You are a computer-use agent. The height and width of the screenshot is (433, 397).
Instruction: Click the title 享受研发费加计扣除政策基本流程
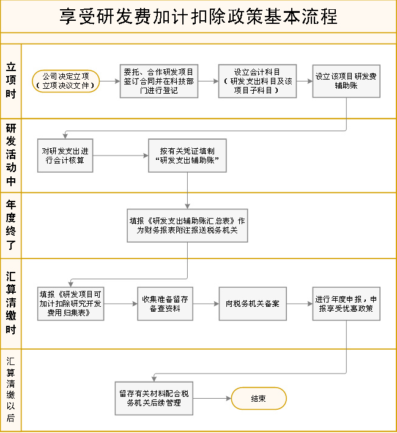click(x=198, y=17)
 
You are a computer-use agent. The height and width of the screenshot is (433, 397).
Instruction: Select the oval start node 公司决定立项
click(x=66, y=81)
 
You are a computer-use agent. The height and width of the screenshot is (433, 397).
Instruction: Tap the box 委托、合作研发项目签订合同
click(x=159, y=81)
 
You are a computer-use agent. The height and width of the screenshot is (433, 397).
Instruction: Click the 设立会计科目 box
click(x=258, y=81)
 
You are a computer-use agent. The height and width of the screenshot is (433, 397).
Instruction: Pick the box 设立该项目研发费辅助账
click(x=346, y=81)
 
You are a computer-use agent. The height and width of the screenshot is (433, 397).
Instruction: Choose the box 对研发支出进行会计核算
click(x=65, y=156)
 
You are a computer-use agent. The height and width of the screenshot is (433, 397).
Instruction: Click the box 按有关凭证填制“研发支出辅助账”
click(x=187, y=156)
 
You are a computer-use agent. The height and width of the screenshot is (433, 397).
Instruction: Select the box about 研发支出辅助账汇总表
click(x=187, y=225)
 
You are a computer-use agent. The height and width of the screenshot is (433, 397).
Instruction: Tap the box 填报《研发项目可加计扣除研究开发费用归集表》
click(x=70, y=304)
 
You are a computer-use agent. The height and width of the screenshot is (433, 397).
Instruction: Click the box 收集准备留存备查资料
click(x=165, y=304)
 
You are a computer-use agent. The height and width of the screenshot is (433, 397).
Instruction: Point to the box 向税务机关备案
click(x=253, y=304)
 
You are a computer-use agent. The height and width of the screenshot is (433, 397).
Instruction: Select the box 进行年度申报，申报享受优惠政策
click(x=346, y=304)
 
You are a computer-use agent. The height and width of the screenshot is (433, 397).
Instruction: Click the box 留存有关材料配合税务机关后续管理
click(x=154, y=399)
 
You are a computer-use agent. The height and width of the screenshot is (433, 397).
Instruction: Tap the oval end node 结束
click(x=259, y=399)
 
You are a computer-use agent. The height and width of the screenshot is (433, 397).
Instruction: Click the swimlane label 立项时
click(x=11, y=80)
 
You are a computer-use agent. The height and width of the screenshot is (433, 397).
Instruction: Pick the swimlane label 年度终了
click(x=11, y=225)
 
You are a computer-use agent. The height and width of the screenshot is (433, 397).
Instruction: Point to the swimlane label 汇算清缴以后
click(x=11, y=390)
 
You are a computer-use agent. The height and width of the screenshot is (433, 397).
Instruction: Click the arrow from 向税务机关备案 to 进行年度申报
click(x=300, y=304)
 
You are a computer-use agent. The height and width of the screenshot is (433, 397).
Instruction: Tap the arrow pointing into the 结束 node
click(x=212, y=399)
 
